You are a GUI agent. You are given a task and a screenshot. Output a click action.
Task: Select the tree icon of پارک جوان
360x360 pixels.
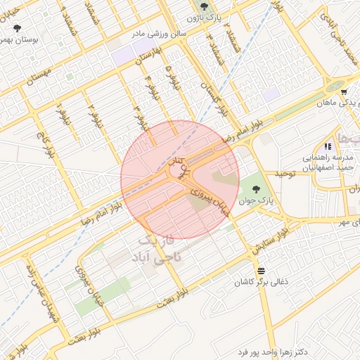point(255,188)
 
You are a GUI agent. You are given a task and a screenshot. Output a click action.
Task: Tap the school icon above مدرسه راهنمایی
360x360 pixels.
point(328,146)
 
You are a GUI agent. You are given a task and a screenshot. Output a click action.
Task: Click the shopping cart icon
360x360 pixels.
point(343,92)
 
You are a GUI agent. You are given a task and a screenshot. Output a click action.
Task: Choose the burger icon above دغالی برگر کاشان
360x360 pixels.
point(262,271)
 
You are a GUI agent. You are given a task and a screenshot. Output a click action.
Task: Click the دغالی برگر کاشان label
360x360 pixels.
point(262,282)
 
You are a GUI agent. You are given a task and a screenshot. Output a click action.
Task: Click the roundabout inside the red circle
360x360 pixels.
point(174,171)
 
